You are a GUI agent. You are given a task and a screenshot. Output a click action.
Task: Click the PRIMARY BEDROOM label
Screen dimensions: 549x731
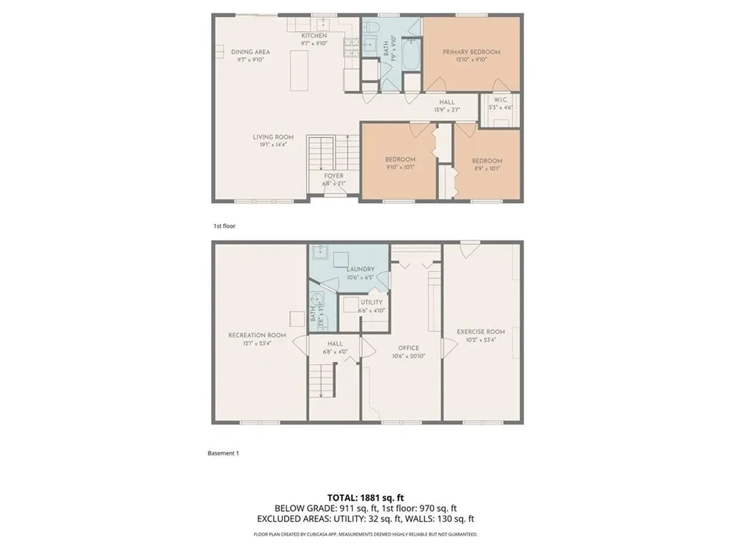(x=470, y=52)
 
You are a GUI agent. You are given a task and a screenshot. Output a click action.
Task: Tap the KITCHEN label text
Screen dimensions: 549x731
(x=313, y=36)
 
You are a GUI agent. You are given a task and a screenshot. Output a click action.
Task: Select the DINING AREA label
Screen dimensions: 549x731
(x=250, y=52)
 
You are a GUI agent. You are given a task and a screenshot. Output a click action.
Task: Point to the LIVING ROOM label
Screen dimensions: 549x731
(x=273, y=137)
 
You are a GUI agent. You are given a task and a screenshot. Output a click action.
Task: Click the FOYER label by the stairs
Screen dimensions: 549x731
(x=333, y=176)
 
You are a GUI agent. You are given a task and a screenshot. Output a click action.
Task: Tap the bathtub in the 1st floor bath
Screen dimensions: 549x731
(x=411, y=57)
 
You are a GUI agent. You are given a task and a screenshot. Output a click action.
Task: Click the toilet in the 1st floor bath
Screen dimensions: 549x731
(x=372, y=27)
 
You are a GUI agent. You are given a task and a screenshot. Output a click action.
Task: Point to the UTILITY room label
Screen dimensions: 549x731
(x=371, y=302)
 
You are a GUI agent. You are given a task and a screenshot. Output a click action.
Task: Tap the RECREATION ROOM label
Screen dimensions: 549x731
(x=257, y=335)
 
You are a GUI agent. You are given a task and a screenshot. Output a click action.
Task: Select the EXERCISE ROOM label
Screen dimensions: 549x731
(x=480, y=332)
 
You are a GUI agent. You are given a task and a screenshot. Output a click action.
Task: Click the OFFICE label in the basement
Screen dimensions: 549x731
(x=408, y=348)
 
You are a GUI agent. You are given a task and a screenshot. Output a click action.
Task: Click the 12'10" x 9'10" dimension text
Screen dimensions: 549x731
(x=470, y=60)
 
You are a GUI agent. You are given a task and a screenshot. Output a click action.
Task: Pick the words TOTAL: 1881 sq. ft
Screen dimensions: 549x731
(x=365, y=497)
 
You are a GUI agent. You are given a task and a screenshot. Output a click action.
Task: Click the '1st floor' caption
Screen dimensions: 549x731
(x=224, y=226)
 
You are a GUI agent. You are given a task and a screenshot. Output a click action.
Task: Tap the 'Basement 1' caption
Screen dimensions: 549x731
(x=223, y=453)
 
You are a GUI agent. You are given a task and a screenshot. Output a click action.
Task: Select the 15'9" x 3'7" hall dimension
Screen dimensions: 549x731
(x=447, y=110)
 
